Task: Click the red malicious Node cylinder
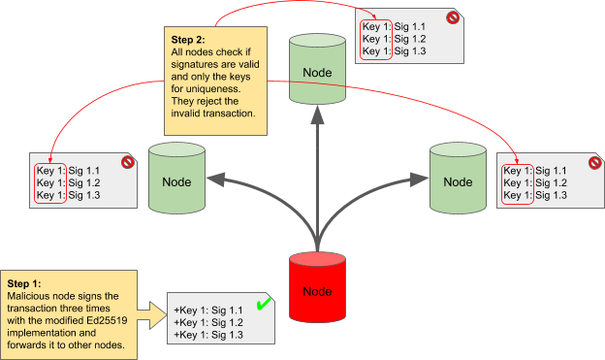click(x=318, y=290)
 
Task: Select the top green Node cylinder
click(x=318, y=73)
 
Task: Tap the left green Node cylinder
click(x=175, y=180)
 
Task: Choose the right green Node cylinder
click(x=459, y=180)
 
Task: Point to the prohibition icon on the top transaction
click(x=452, y=17)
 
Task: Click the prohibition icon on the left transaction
click(x=126, y=162)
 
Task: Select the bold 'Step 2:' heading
click(x=188, y=41)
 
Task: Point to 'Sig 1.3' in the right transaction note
click(x=552, y=195)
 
